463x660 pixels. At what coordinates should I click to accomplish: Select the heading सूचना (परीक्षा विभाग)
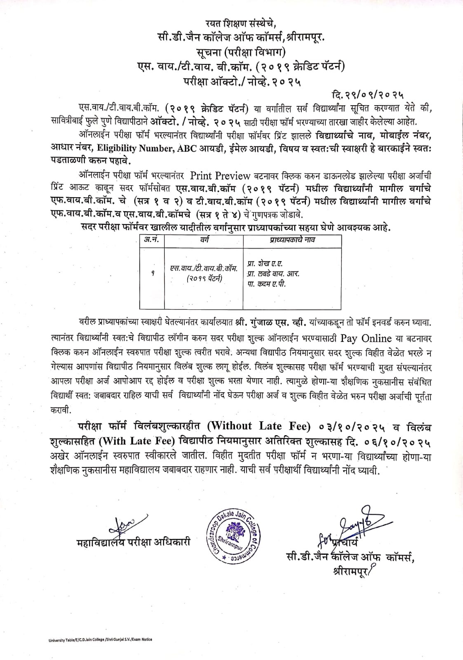coord(234,53)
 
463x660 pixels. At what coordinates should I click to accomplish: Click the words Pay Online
coord(365,338)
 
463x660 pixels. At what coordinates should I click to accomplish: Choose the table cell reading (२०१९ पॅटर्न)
coord(204,279)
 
